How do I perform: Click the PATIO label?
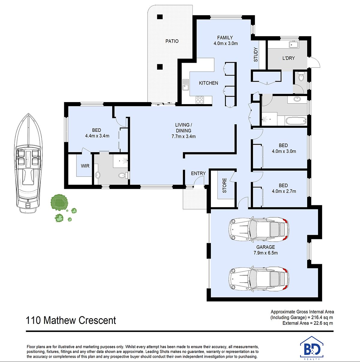(172, 41)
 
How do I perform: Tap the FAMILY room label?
(225, 38)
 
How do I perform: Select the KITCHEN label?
(208, 83)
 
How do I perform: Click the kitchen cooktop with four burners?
(199, 100)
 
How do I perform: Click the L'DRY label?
(289, 58)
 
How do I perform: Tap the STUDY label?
(256, 55)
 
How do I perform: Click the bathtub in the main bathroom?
(296, 121)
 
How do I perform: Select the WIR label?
(85, 166)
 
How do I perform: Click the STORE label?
(225, 186)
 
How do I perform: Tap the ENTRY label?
(198, 173)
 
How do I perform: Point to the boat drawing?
(28, 163)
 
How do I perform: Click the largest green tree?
(59, 202)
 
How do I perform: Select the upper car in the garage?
(259, 229)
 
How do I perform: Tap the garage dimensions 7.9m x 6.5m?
(265, 253)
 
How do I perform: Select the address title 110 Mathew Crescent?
(71, 320)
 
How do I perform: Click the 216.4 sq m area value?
(322, 318)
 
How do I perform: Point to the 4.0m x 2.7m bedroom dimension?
(284, 191)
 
